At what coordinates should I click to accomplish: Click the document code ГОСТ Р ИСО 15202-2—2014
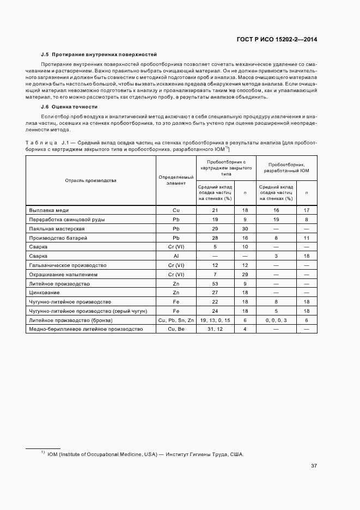pyautogui.click(x=278, y=39)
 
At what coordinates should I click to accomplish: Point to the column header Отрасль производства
pyautogui.click(x=91, y=180)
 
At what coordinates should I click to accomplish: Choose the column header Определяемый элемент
pyautogui.click(x=176, y=180)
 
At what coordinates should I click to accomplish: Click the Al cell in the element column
pyautogui.click(x=176, y=256)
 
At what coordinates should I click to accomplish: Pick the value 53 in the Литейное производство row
pyautogui.click(x=215, y=283)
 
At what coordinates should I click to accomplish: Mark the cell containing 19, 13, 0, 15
pyautogui.click(x=215, y=320)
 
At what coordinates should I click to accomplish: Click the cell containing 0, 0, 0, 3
pyautogui.click(x=275, y=320)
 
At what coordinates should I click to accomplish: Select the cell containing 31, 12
pyautogui.click(x=215, y=329)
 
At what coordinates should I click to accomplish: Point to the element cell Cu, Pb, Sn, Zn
pyautogui.click(x=176, y=320)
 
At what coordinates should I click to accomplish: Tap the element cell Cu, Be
pyautogui.click(x=176, y=329)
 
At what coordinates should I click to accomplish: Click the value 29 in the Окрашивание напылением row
pyautogui.click(x=245, y=274)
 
